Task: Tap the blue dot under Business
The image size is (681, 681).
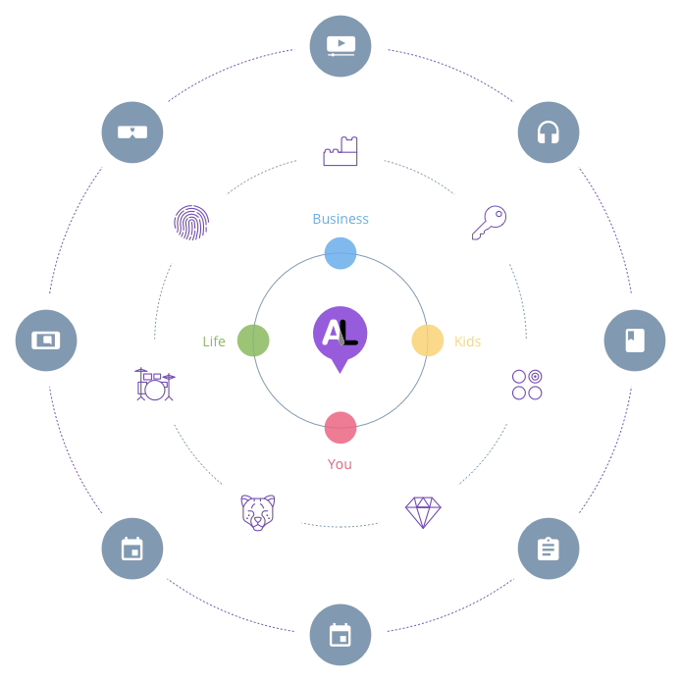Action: click(340, 252)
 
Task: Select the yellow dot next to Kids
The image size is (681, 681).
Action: click(428, 340)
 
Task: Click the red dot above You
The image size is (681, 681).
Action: click(340, 428)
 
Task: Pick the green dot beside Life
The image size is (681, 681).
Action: click(252, 340)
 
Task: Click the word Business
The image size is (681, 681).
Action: click(340, 219)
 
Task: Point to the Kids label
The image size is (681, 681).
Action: click(467, 341)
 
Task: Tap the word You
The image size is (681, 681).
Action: click(340, 463)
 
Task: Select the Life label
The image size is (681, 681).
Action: click(214, 341)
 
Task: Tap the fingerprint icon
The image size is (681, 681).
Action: click(190, 222)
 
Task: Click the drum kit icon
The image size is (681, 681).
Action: click(155, 384)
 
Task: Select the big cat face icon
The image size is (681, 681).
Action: click(257, 512)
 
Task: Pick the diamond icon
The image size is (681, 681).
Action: click(423, 512)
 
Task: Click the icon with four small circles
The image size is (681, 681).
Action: click(526, 384)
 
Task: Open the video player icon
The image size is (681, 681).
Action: click(340, 44)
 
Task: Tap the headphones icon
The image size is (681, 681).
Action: click(548, 131)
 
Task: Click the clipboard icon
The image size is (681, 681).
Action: click(548, 549)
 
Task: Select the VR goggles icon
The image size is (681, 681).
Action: click(131, 131)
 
